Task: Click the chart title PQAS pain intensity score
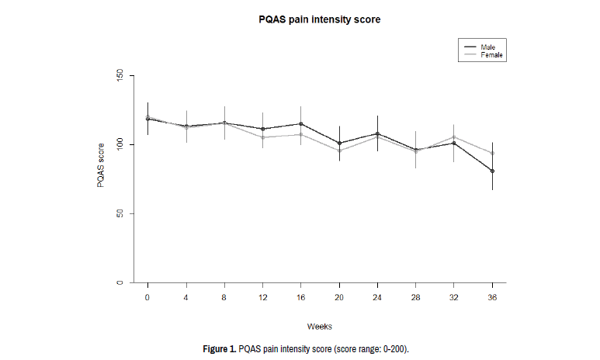coord(320,19)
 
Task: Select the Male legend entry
coord(488,47)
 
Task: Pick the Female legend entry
coord(491,55)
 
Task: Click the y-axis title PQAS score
coord(100,167)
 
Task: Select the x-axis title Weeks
coord(319,325)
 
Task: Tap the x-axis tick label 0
coord(147,297)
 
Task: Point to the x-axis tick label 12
coord(262,297)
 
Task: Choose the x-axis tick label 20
coord(338,297)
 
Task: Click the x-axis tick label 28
coord(415,297)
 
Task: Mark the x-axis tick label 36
coord(491,297)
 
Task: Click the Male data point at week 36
coord(492,171)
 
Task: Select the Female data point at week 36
coord(492,153)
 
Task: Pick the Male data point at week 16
coord(300,123)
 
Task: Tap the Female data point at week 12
coord(262,137)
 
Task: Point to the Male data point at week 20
coord(338,143)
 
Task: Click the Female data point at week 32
coord(453,137)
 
